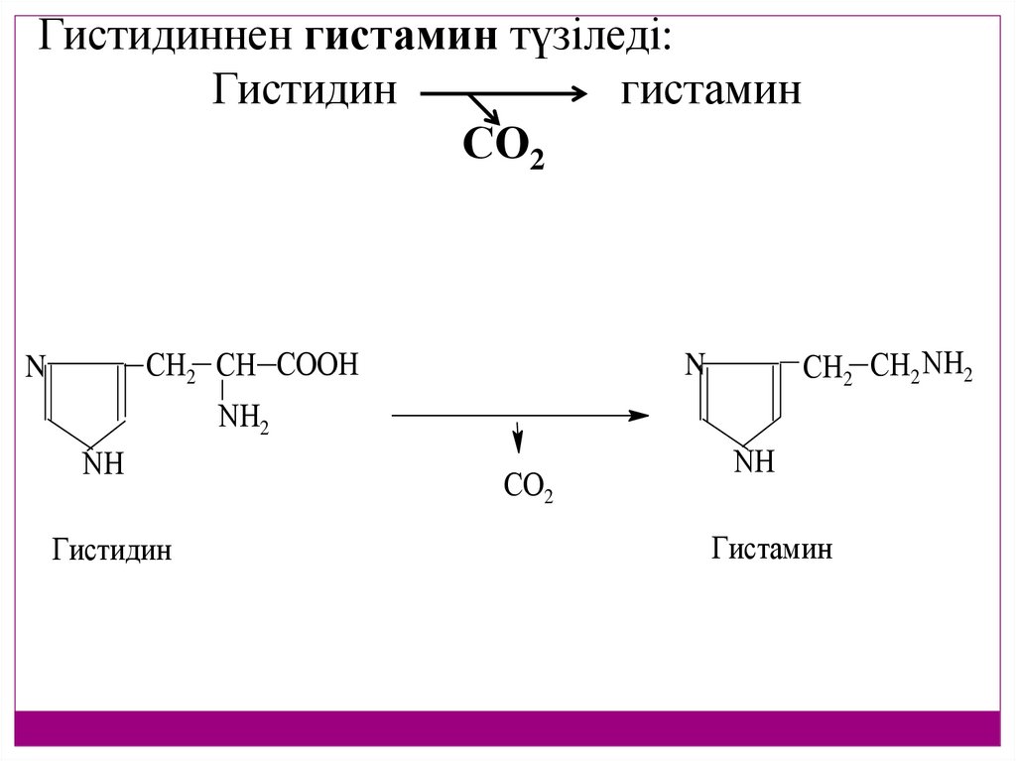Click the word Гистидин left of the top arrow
(x=305, y=91)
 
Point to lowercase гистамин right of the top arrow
(x=710, y=91)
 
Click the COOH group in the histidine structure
(x=317, y=366)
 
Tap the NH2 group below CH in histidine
(x=242, y=419)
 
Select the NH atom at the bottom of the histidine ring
(x=103, y=463)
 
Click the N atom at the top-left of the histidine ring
(x=36, y=368)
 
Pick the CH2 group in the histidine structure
(x=171, y=367)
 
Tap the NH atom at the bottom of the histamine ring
(x=754, y=461)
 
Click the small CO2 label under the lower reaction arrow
(x=528, y=487)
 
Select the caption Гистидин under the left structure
(x=111, y=549)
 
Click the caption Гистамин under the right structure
(x=771, y=548)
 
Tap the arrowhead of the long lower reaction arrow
(x=640, y=415)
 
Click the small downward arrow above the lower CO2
(x=516, y=438)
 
